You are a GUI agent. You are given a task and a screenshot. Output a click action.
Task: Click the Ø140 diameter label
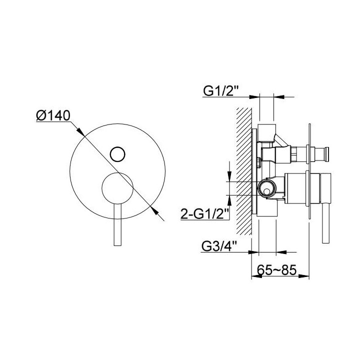pos(52,116)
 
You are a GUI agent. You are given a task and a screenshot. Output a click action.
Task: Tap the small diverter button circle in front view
pos(117,153)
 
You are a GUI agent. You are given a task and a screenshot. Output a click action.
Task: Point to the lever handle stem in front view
pos(117,225)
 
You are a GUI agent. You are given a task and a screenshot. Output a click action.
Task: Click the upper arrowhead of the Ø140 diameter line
pos(80,131)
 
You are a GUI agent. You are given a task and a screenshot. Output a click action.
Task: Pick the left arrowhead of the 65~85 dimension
pos(253,275)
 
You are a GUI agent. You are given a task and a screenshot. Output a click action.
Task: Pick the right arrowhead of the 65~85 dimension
pos(306,275)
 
